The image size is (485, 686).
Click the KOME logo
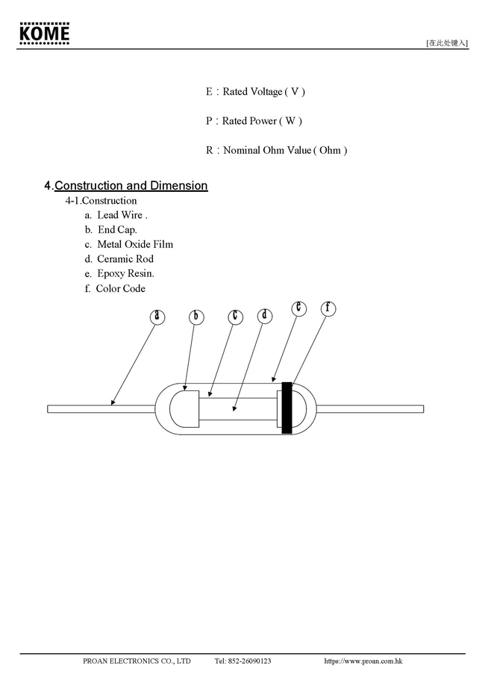tap(45, 34)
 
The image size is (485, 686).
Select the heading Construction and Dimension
tap(131, 185)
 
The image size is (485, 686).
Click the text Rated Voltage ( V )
tap(263, 92)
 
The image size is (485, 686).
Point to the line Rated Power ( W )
tap(262, 121)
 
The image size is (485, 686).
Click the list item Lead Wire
tap(122, 215)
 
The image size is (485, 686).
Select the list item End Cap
tap(117, 230)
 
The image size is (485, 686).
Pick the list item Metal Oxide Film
tap(134, 244)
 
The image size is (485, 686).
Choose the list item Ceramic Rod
tap(125, 259)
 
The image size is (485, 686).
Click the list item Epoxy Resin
tap(125, 274)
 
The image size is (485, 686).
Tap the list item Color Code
tap(120, 289)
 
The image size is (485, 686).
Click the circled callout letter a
tap(156, 317)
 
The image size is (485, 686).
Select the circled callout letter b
tap(195, 317)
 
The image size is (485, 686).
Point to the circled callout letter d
tap(265, 316)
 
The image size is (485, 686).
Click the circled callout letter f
tap(328, 308)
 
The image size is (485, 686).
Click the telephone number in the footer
tap(242, 661)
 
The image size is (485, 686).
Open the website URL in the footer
tap(363, 661)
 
